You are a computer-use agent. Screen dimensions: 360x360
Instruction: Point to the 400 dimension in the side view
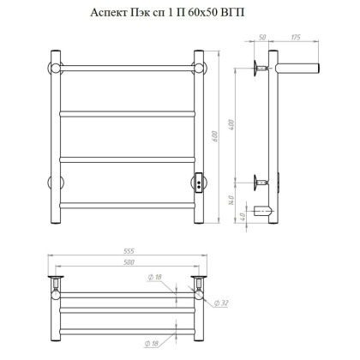(x=231, y=124)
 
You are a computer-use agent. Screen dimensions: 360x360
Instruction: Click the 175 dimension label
(x=296, y=38)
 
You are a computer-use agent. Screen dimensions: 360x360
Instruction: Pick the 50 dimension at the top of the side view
(x=262, y=38)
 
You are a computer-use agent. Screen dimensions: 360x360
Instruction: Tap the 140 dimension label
(x=231, y=200)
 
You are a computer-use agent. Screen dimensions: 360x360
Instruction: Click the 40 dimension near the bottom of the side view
(x=243, y=217)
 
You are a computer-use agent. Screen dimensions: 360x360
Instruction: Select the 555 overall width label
(x=129, y=251)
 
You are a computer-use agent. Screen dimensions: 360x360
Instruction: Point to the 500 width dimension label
(x=129, y=262)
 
